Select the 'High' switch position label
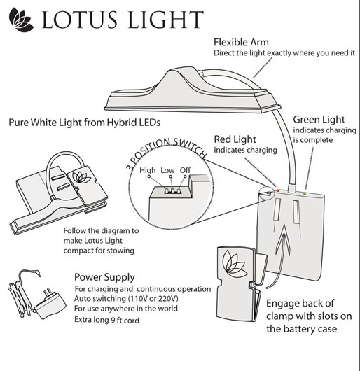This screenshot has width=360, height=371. (x=148, y=170)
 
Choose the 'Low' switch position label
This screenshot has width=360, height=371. (x=168, y=170)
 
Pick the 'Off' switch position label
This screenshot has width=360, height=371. (x=186, y=170)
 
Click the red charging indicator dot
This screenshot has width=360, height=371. (x=277, y=190)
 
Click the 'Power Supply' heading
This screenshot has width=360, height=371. (x=104, y=277)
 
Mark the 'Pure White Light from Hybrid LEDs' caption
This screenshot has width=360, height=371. (x=84, y=122)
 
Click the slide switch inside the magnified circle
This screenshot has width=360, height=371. (x=168, y=189)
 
